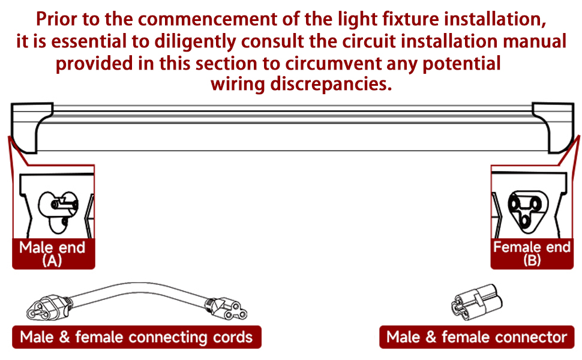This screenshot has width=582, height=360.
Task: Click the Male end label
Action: (52, 247)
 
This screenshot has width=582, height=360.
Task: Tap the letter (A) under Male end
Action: (52, 260)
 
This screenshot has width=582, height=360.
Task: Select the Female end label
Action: (532, 247)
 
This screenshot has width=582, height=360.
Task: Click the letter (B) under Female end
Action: (532, 260)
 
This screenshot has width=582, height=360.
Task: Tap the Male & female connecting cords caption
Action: (136, 337)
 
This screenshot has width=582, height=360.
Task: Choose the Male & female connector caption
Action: (476, 337)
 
